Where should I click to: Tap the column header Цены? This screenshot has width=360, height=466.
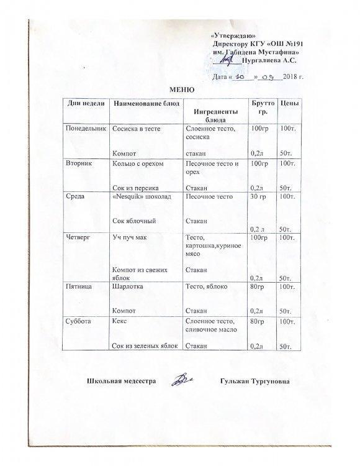pos(286,102)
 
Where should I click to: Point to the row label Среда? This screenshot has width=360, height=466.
pos(76,196)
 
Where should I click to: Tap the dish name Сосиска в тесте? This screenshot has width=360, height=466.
pos(136,127)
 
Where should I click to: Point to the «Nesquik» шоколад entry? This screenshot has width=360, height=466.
pos(140,196)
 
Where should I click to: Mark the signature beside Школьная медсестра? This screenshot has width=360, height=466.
pos(183,378)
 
